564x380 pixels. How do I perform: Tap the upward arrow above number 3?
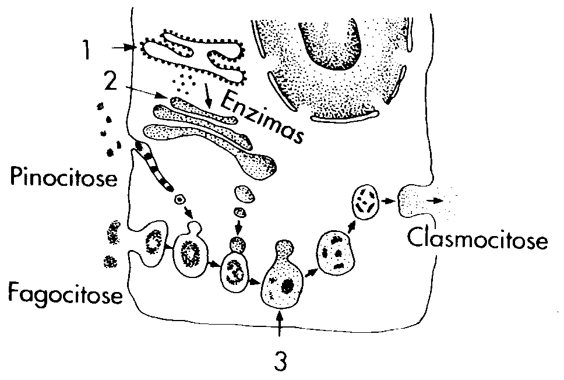(x=280, y=326)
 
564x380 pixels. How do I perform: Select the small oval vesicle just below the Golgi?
(x=243, y=193)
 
